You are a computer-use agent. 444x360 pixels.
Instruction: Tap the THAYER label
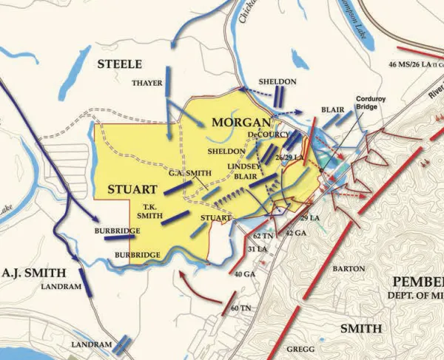pos(147,83)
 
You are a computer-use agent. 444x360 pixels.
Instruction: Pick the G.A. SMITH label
pos(190,173)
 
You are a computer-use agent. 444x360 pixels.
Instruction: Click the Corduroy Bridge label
pos(372,102)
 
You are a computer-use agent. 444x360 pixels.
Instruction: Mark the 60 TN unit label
pos(239,307)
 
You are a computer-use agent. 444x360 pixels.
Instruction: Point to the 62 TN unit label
pos(263,235)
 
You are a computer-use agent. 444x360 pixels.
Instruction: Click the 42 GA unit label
pos(295,232)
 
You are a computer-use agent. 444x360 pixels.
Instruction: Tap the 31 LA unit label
pos(258,248)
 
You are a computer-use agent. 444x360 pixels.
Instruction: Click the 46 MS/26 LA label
pos(414,65)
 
